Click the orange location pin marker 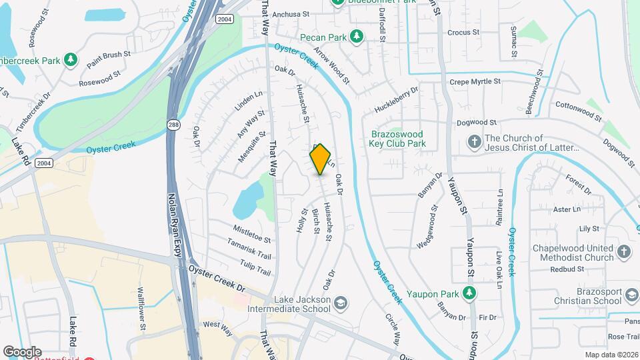321,159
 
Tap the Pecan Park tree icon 357,36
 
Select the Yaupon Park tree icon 470,293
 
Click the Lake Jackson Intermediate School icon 341,304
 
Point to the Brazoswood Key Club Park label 398,138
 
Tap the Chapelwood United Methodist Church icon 623,252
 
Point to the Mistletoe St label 251,234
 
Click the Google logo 22,351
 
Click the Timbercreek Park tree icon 70,61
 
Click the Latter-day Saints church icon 474,141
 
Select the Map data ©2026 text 611,355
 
